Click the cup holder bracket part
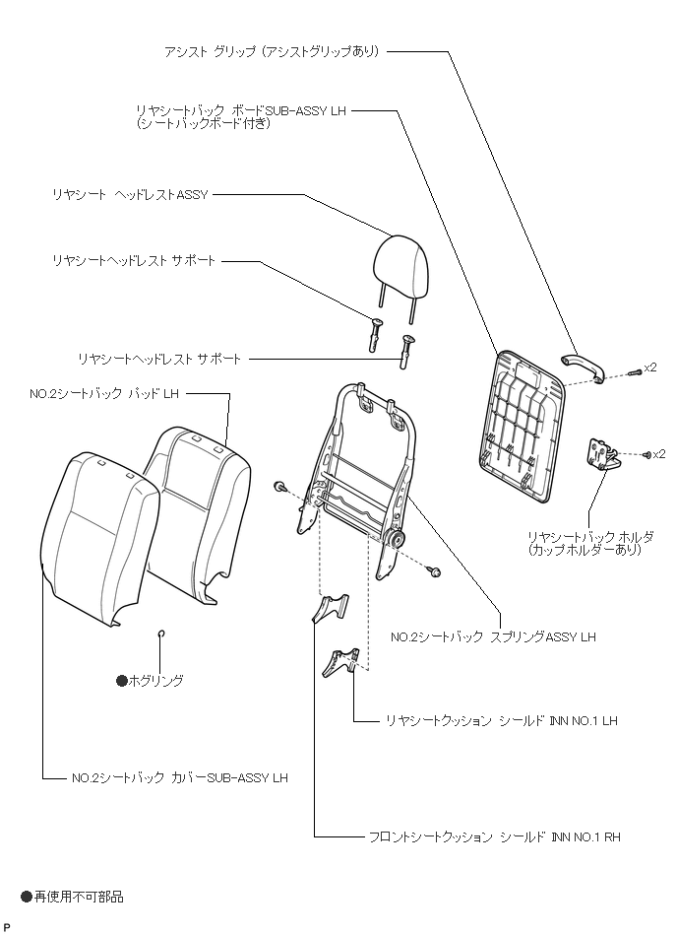pos(605,455)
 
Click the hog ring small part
pos(161,633)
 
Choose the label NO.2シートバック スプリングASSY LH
pos(492,637)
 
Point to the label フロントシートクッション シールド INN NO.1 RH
pos(494,836)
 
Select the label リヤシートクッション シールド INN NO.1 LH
pos(501,720)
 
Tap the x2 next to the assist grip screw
pos(649,367)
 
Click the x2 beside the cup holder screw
pos(659,453)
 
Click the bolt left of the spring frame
pos(281,486)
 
